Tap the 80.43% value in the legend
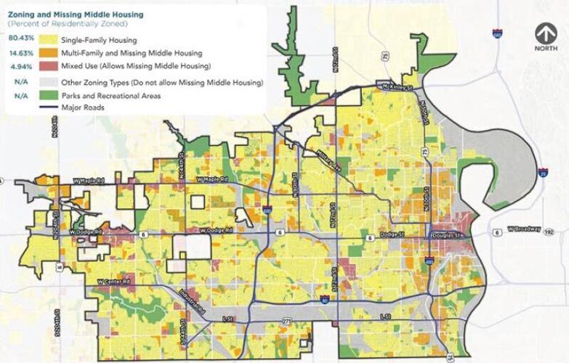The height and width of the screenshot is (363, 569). point(18,38)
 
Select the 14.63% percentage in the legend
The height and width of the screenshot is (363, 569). point(18,53)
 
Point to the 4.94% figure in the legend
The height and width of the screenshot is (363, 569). point(18,67)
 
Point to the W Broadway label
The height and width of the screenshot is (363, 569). point(525,229)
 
